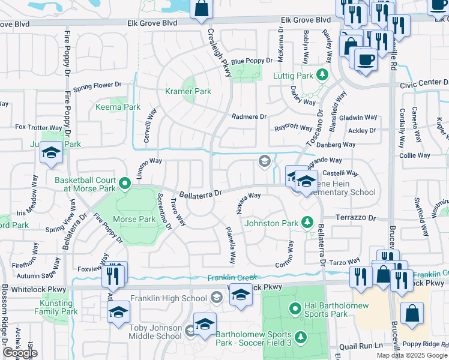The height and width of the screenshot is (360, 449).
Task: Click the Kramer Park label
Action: pyautogui.click(x=188, y=92)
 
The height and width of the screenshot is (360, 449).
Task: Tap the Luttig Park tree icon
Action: pyautogui.click(x=322, y=74)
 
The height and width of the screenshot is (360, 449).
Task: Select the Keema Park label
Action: pyautogui.click(x=118, y=107)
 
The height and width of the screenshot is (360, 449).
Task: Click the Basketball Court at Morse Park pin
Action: pyautogui.click(x=124, y=184)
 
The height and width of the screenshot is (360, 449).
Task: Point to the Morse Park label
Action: pyautogui.click(x=134, y=220)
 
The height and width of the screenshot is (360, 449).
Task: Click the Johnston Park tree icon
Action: pyautogui.click(x=307, y=223)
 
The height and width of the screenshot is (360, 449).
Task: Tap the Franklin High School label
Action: pyautogui.click(x=169, y=298)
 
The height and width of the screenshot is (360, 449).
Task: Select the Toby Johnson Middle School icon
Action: pyautogui.click(x=190, y=331)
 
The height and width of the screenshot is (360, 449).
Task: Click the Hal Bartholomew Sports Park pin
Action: pyautogui.click(x=295, y=309)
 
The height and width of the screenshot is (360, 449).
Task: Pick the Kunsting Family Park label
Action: pyautogui.click(x=56, y=307)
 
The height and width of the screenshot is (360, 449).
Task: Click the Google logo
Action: pyautogui.click(x=20, y=353)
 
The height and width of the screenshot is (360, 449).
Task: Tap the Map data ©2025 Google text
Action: pyautogui.click(x=412, y=355)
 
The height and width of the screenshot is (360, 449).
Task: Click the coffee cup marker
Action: pyautogui.click(x=365, y=59)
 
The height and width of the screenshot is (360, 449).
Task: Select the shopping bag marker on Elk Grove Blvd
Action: pyautogui.click(x=202, y=9)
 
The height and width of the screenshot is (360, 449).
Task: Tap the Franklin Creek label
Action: pyautogui.click(x=232, y=278)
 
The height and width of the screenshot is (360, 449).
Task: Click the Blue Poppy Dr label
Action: pyautogui.click(x=252, y=61)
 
